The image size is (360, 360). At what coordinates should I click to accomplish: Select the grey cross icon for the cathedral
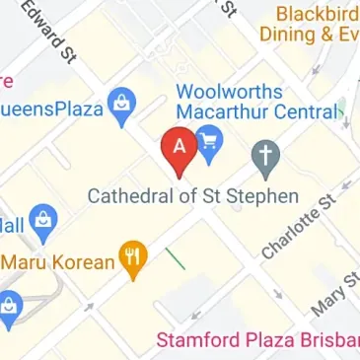(x=265, y=154)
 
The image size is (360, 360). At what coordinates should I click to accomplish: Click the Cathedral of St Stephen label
(x=192, y=196)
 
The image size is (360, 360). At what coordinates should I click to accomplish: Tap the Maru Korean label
(x=57, y=262)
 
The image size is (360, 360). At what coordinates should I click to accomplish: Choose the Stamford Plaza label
(x=256, y=341)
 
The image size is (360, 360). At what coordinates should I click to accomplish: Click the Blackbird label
(x=318, y=14)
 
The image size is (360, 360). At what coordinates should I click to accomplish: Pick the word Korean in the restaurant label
(x=82, y=262)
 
